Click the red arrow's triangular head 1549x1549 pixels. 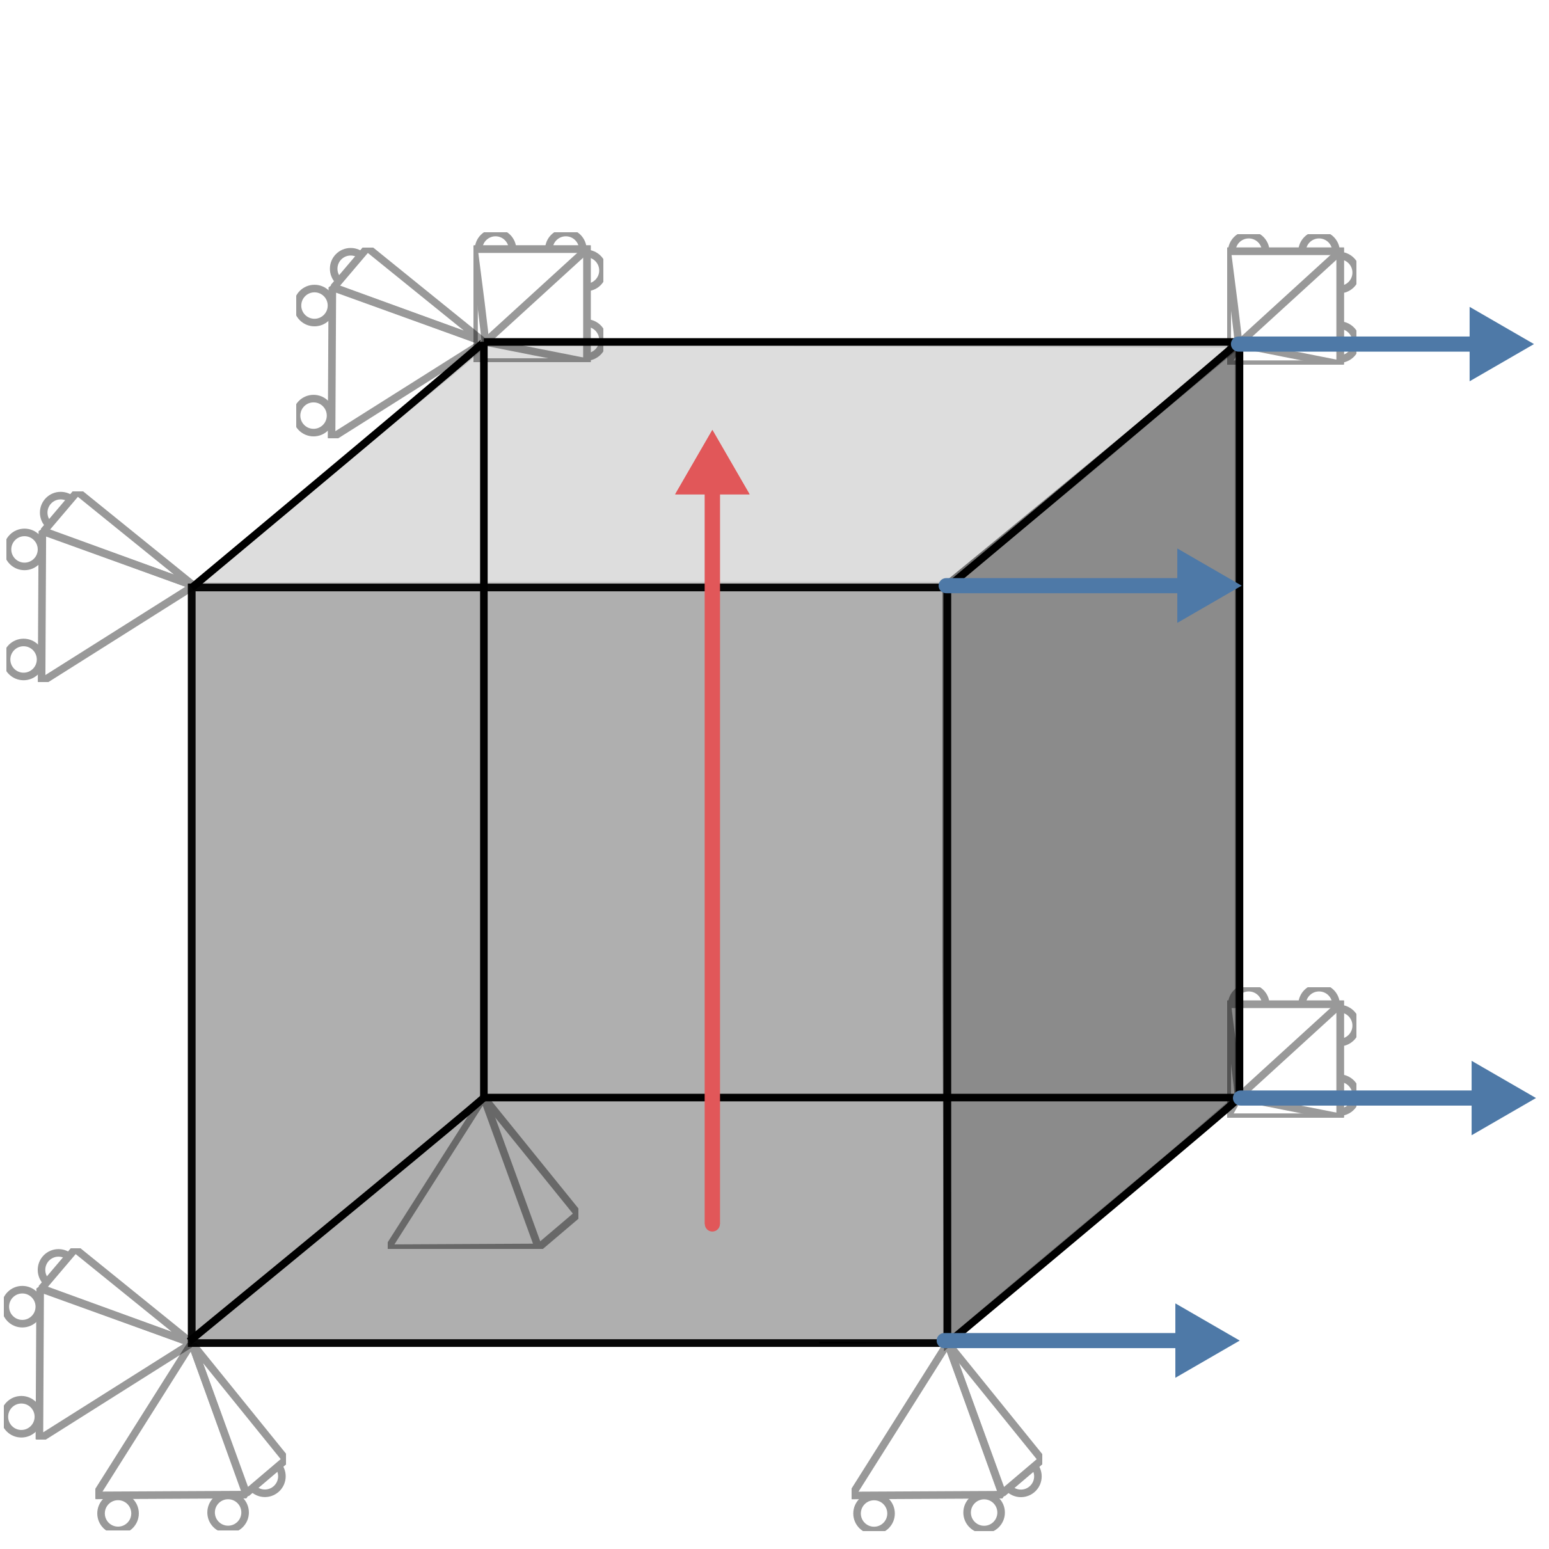tap(712, 470)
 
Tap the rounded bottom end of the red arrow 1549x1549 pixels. tap(712, 1223)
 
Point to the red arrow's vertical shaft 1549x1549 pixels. tap(712, 842)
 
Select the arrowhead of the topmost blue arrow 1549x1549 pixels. tap(1495, 344)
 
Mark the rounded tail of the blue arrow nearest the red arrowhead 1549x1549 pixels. tap(947, 586)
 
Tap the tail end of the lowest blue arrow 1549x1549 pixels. tap(945, 1340)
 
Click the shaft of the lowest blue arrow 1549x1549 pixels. tap(1067, 1340)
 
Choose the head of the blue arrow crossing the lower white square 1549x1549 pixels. tap(1498, 1099)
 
